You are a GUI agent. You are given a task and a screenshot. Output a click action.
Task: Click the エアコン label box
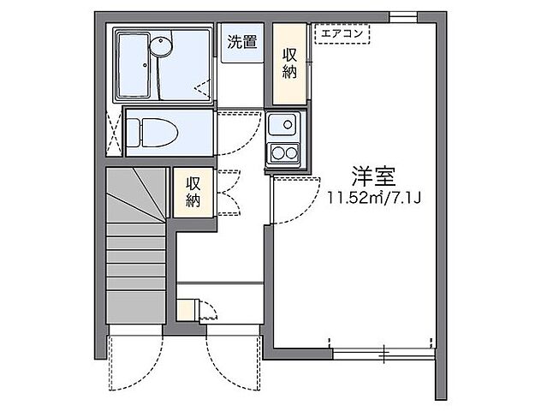(342, 34)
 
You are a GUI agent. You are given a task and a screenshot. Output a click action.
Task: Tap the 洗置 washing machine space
(242, 44)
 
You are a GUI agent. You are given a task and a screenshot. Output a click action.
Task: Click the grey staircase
(135, 248)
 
